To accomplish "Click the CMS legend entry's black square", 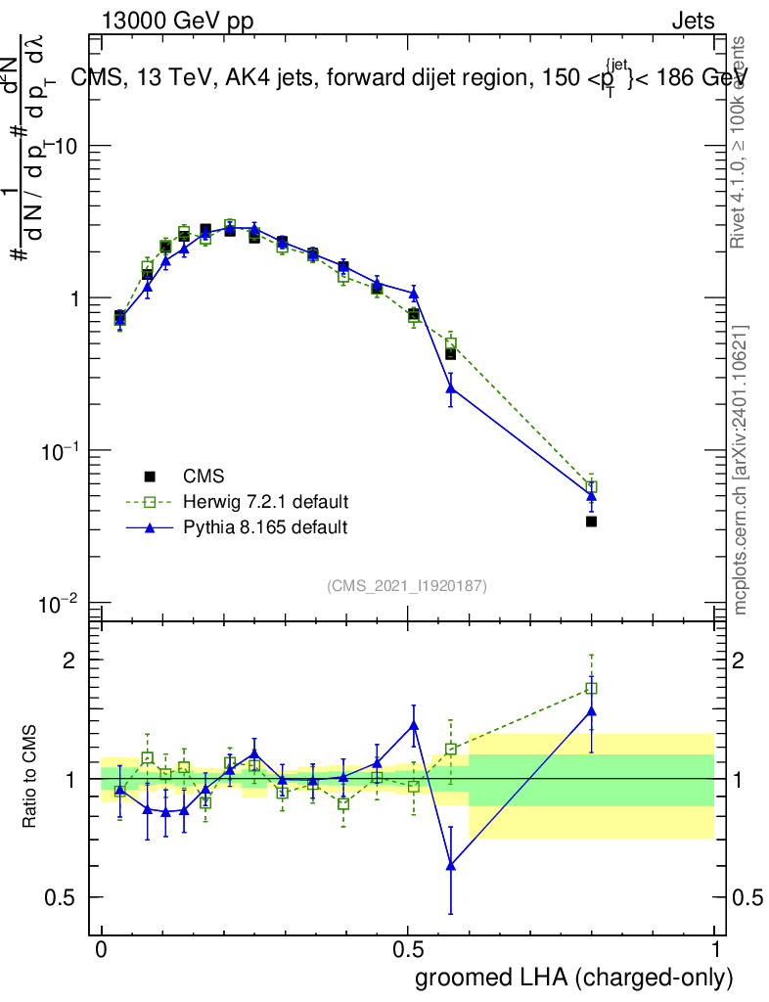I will pyautogui.click(x=150, y=477).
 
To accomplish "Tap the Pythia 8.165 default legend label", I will pyautogui.click(x=265, y=527).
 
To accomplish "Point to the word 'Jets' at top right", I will pyautogui.click(x=693, y=22).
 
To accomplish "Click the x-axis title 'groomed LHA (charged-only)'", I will pyautogui.click(x=575, y=978).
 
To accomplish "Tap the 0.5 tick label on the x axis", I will pyautogui.click(x=408, y=950).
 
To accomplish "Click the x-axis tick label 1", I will pyautogui.click(x=714, y=950).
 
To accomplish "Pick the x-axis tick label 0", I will pyautogui.click(x=102, y=950).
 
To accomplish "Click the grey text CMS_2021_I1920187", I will pyautogui.click(x=407, y=585).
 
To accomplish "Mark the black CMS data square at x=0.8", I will pyautogui.click(x=591, y=522).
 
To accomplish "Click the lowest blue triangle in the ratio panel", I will pyautogui.click(x=451, y=865).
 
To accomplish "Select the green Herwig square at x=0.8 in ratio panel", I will pyautogui.click(x=591, y=688).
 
